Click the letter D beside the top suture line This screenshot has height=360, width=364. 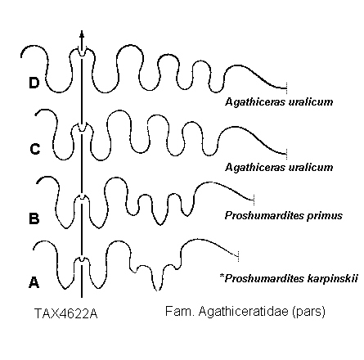[x=34, y=83]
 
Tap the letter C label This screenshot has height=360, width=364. [x=35, y=150]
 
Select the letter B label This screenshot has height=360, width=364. [x=34, y=218]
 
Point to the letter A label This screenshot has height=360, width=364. [x=34, y=282]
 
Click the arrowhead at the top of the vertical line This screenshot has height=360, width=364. [x=82, y=34]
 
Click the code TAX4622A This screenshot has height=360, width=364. [x=66, y=313]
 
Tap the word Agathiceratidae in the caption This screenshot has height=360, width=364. [x=244, y=312]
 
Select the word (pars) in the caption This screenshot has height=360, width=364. [x=308, y=312]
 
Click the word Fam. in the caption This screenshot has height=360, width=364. [x=180, y=311]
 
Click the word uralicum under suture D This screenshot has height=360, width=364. [x=311, y=102]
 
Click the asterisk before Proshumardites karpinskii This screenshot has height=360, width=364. [x=222, y=276]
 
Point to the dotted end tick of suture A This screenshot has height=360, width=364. [x=238, y=256]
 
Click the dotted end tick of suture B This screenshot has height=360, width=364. [x=254, y=200]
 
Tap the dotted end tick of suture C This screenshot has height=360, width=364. [x=286, y=154]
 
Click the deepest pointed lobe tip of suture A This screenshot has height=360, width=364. [x=157, y=290]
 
